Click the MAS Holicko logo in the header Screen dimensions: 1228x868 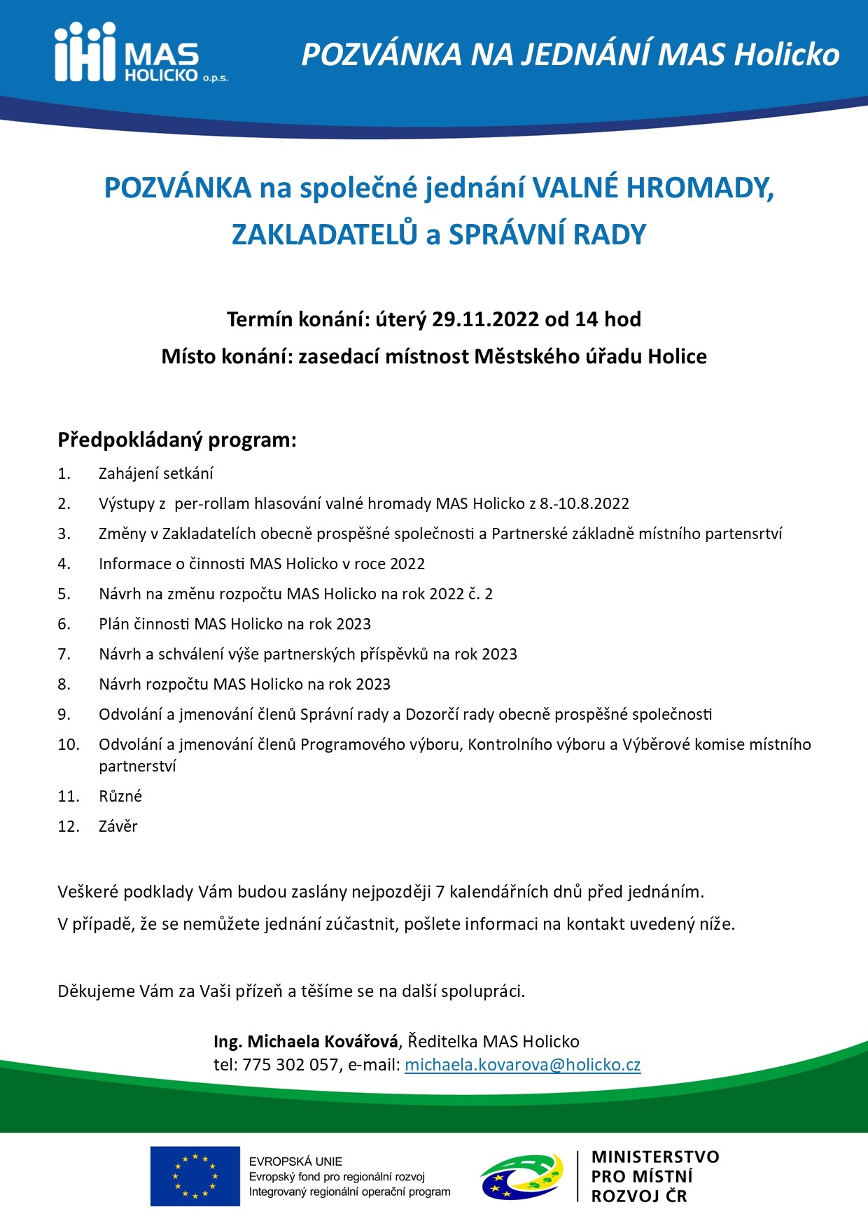click(140, 53)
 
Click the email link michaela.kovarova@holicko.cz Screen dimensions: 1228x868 click(522, 1065)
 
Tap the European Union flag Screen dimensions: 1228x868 click(195, 1176)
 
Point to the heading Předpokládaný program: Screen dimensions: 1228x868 click(177, 440)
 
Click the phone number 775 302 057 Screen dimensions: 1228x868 click(290, 1065)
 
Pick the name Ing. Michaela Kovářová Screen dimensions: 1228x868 click(306, 1041)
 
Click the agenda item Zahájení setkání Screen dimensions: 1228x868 click(155, 473)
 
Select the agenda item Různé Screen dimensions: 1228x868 click(120, 796)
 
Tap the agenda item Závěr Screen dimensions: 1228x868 click(118, 826)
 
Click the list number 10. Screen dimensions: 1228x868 click(69, 744)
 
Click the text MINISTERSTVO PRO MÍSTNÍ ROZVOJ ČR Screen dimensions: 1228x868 click(654, 1176)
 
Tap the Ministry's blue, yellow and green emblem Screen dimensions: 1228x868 click(521, 1176)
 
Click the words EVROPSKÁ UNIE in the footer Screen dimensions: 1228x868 click(295, 1161)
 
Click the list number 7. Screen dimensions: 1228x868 click(64, 654)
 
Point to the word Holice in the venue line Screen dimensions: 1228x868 click(677, 356)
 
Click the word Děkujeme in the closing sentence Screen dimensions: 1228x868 click(96, 991)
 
